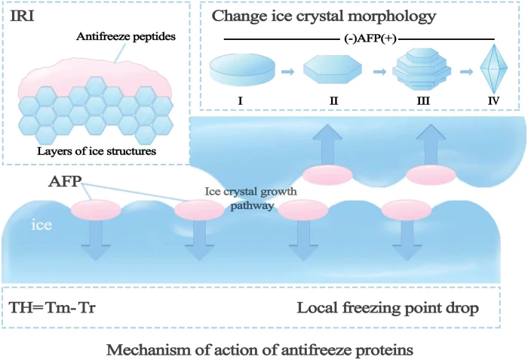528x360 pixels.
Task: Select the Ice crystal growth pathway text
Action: (250, 197)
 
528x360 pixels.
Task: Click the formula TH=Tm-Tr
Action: (53, 309)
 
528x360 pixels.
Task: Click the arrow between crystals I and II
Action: (288, 72)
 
